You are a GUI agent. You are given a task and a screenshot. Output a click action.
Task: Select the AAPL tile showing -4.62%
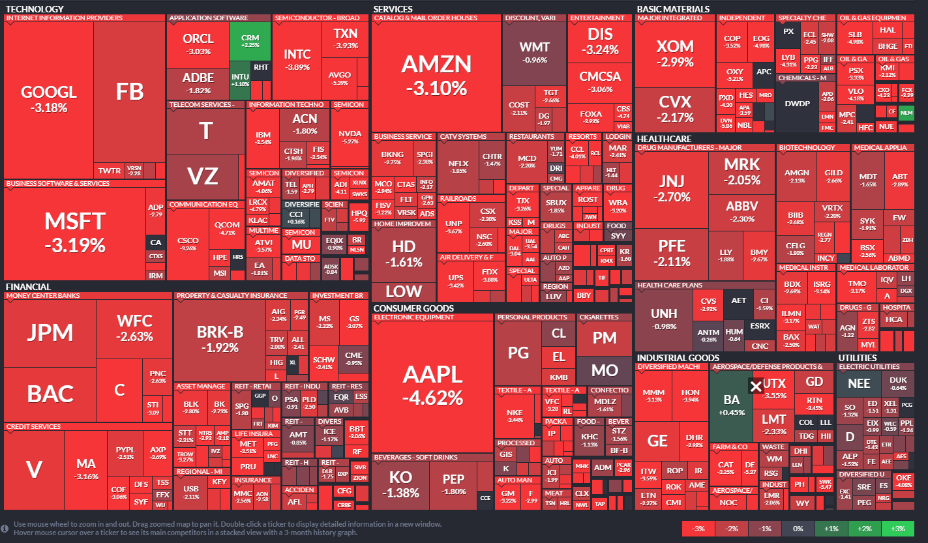(x=432, y=385)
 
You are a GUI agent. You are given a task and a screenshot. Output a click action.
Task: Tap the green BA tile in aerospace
(x=731, y=404)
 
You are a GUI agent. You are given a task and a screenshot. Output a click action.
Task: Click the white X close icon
(x=756, y=387)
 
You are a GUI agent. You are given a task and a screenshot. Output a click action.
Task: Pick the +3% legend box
(x=899, y=528)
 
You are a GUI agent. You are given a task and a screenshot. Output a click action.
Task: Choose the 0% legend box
(x=798, y=528)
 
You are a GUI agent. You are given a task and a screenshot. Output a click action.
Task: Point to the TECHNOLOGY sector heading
(x=35, y=9)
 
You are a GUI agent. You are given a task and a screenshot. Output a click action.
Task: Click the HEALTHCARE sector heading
(x=664, y=139)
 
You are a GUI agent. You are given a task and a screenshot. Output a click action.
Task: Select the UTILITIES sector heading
(x=858, y=358)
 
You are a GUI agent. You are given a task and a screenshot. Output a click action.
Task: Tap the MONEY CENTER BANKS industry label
(x=43, y=296)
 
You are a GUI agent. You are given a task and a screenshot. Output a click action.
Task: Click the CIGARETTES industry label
(x=599, y=317)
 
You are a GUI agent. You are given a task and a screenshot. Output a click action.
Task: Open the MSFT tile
(x=74, y=231)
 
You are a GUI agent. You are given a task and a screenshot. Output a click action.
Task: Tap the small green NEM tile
(x=906, y=113)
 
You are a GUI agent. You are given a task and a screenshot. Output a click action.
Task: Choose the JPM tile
(x=50, y=332)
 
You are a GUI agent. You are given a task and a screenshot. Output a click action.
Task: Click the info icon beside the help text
(x=5, y=527)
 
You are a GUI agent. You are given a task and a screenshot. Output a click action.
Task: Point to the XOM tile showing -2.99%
(x=675, y=52)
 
